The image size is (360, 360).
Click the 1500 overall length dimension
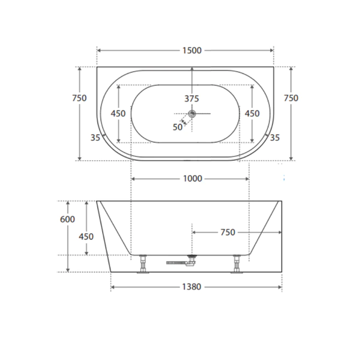click(192, 50)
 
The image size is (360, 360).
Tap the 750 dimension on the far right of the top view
click(291, 98)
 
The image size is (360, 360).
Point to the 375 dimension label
click(191, 99)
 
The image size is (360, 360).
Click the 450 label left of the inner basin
click(118, 113)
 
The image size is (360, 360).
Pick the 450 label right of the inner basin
click(252, 113)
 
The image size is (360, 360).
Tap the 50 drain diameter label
click(177, 127)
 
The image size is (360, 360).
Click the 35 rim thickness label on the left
click(95, 138)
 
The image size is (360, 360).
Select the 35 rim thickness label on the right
click(274, 138)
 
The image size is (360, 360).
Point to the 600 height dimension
click(67, 219)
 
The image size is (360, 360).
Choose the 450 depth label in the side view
click(86, 236)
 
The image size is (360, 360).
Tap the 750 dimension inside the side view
click(228, 232)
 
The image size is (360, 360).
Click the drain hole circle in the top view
click(192, 113)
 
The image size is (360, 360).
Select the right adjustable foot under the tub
click(237, 264)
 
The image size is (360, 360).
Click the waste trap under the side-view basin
click(193, 260)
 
